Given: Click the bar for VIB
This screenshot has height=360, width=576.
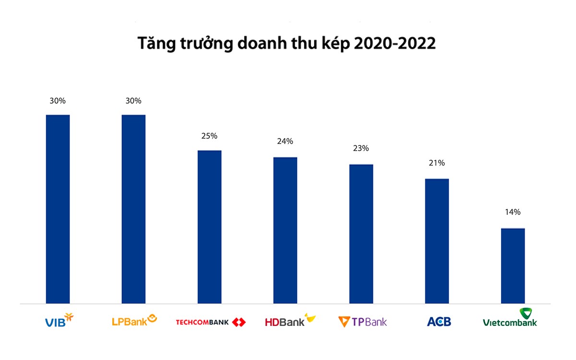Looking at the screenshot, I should (58, 209).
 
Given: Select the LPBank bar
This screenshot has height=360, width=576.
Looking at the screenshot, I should (133, 209).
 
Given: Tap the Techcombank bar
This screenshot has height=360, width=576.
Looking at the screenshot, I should (209, 227).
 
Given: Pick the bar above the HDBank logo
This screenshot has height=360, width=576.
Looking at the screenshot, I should (285, 230).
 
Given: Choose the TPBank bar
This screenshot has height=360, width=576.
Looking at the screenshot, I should (361, 234).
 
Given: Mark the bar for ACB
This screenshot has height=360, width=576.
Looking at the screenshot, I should (437, 241).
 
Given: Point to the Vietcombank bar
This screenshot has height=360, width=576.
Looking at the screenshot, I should (513, 265).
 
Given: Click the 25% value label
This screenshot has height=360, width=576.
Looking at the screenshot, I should (209, 136).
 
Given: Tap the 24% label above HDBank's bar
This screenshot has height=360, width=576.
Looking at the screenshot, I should (285, 142).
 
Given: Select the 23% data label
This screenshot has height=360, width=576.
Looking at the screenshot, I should (361, 148).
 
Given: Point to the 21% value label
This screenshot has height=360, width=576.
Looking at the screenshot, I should (437, 163).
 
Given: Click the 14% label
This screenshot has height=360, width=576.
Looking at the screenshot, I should (513, 212).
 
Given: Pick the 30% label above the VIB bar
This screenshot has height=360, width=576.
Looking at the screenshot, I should (58, 101).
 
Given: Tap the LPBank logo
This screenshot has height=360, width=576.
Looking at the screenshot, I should (134, 320).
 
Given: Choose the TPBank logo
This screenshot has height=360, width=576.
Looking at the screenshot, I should (362, 322).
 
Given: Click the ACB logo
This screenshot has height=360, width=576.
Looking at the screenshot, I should (439, 322).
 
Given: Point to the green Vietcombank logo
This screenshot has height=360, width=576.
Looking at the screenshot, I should (510, 318).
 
